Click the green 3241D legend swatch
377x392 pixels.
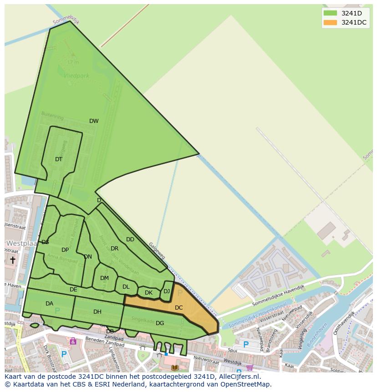point(330,13)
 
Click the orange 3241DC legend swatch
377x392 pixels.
point(330,22)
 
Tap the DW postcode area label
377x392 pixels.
point(94,121)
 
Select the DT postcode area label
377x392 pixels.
point(59,159)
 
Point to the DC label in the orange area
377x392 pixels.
point(178,308)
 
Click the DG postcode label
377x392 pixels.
point(160,323)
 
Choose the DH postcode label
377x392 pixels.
point(97,312)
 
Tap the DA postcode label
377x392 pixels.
point(49,304)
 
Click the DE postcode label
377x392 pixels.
point(73,290)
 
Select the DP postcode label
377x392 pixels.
point(65,250)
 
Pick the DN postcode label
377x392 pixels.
point(88,257)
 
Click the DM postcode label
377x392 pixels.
point(104,278)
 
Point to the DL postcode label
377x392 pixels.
point(126,287)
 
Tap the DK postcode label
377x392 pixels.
point(148,293)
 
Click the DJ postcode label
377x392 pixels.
point(167,291)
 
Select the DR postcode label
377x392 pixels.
point(114,249)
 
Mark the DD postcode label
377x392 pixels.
point(130,239)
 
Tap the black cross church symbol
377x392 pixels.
point(13,260)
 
